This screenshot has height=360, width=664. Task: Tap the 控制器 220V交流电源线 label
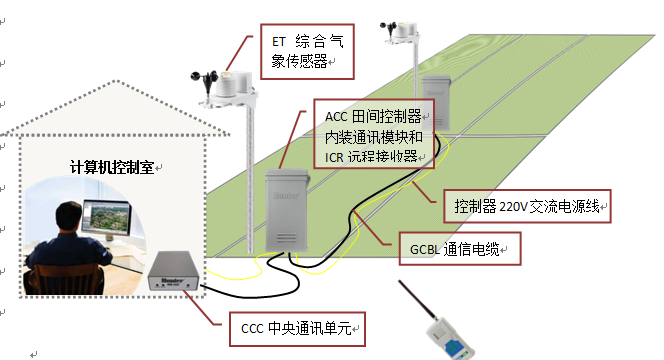point(527,208)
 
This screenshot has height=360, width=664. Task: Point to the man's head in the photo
point(69,214)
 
